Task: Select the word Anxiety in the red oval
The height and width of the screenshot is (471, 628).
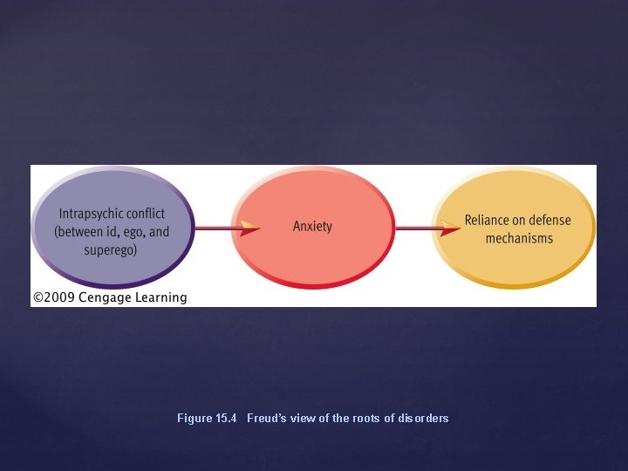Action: coord(312,227)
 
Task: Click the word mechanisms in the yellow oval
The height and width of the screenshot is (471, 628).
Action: coord(519,239)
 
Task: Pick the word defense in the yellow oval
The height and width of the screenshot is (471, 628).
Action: coord(550,221)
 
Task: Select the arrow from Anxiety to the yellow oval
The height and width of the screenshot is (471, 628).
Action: coord(427,229)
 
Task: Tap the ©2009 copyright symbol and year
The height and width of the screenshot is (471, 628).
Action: coord(54,297)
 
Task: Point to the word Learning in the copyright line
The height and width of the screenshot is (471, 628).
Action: coord(161,297)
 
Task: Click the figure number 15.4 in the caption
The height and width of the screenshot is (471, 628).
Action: coord(226,419)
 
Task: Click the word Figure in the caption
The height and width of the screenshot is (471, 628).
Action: coord(194,419)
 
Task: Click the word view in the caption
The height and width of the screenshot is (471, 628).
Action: coord(303,419)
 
